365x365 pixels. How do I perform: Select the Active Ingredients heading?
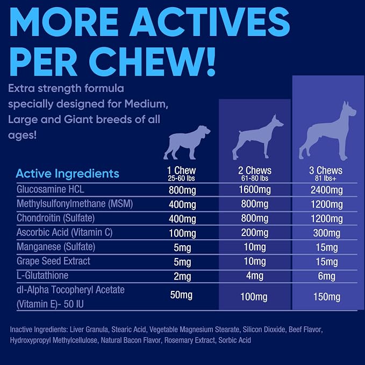pyautogui.click(x=68, y=174)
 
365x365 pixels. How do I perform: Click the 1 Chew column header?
pyautogui.click(x=181, y=170)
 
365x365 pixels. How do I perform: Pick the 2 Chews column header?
pyautogui.click(x=255, y=170)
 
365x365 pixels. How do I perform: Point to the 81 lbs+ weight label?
pyautogui.click(x=326, y=178)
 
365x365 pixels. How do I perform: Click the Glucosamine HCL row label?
pyautogui.click(x=51, y=189)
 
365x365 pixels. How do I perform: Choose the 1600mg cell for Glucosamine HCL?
pyautogui.click(x=255, y=190)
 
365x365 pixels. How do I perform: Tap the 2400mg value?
pyautogui.click(x=327, y=190)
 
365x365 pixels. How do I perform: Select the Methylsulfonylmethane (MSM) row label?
pyautogui.click(x=75, y=204)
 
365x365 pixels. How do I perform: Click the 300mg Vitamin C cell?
pyautogui.click(x=327, y=233)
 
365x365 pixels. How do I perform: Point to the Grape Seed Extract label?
pyautogui.click(x=53, y=261)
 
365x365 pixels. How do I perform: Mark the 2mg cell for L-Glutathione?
pyautogui.click(x=182, y=276)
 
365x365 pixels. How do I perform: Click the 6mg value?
pyautogui.click(x=327, y=276)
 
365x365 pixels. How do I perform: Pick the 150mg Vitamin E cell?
pyautogui.click(x=327, y=297)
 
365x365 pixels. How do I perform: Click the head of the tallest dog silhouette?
pyautogui.click(x=349, y=110)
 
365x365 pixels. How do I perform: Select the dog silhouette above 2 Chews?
pyautogui.click(x=257, y=137)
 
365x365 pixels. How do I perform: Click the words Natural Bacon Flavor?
pyautogui.click(x=131, y=340)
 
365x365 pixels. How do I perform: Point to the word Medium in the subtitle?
pyautogui.click(x=146, y=104)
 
